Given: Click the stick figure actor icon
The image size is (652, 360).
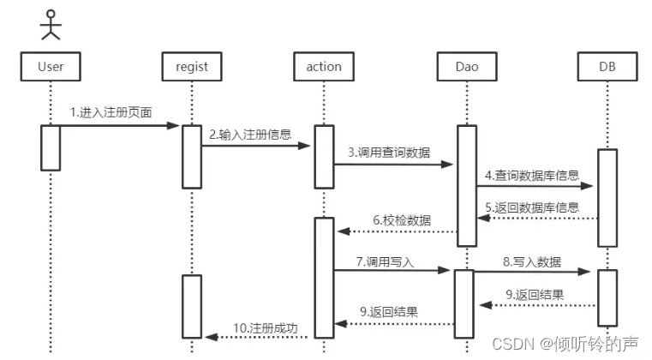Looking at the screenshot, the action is (51, 25).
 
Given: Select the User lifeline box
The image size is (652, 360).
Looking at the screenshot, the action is (51, 67).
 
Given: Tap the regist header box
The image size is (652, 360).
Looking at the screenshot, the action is (192, 67).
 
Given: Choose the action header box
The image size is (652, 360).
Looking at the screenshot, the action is (324, 67).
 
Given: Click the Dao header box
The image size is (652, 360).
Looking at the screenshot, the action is (467, 67).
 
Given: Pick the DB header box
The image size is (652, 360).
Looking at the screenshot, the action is (607, 67).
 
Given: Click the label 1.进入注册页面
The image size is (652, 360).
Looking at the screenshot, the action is (111, 112).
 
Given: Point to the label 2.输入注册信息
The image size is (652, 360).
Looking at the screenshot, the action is (250, 135).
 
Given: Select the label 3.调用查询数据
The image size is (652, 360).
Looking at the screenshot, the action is (389, 153).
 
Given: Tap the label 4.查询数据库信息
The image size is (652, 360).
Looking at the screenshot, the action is (532, 175).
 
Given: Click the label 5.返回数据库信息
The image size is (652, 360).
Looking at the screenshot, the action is (532, 207).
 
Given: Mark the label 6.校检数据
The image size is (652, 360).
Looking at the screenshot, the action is (402, 220).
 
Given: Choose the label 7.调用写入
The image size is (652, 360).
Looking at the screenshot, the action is (385, 261).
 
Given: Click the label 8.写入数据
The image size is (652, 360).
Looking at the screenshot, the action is (532, 261).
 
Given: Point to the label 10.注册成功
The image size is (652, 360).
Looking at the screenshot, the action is (266, 328).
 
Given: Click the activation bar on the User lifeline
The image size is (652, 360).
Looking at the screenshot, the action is (51, 147).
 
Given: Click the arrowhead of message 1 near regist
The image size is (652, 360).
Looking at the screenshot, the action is (173, 125).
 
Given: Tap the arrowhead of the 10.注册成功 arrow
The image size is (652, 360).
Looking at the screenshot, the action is (212, 337).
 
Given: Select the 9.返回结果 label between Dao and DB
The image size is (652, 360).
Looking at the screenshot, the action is (535, 295).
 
